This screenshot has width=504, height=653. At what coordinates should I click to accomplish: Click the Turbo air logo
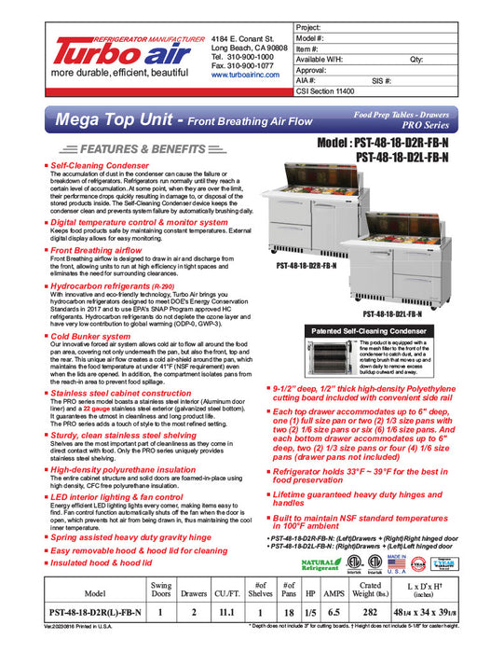tap(105, 53)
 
